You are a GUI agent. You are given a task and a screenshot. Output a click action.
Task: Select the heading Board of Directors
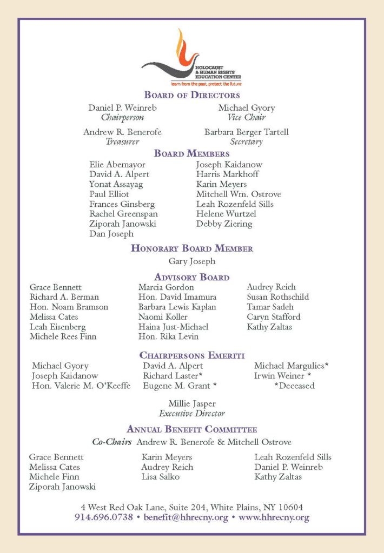192,95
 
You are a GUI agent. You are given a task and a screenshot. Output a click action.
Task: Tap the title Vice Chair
246,117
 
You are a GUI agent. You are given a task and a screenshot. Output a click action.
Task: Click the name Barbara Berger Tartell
246,132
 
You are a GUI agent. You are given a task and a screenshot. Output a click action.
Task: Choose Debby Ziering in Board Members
224,224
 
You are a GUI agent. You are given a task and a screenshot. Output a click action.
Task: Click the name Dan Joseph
111,234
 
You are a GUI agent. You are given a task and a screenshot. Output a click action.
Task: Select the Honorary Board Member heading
192,248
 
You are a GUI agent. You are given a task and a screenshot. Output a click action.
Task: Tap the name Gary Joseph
192,261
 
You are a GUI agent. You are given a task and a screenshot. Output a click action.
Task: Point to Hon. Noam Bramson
69,307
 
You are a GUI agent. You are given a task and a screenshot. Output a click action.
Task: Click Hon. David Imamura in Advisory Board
177,297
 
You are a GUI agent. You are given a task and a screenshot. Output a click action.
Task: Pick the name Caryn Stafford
274,316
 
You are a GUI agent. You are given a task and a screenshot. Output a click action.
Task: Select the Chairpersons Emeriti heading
192,355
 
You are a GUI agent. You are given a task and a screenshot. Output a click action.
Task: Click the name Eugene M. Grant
180,386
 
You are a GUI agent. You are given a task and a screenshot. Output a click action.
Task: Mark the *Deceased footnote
294,386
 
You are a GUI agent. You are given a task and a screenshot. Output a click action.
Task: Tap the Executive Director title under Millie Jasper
192,413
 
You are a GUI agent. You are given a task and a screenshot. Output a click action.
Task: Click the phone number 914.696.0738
103,517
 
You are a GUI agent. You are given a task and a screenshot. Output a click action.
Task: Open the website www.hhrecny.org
274,517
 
